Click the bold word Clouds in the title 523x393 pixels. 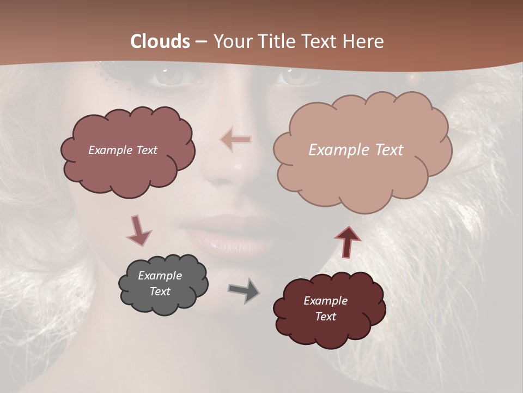(161, 41)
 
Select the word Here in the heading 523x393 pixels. (364, 41)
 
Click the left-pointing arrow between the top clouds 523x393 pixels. (236, 140)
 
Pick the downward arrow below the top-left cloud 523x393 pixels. (138, 230)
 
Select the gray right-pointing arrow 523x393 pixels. (244, 290)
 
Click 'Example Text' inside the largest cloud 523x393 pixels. (356, 150)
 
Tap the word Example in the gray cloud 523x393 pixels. (160, 276)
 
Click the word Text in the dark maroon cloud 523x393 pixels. (325, 317)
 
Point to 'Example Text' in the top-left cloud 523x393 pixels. (123, 150)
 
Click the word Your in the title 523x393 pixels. (229, 41)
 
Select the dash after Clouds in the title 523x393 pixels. (201, 42)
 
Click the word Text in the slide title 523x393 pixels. (321, 41)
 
